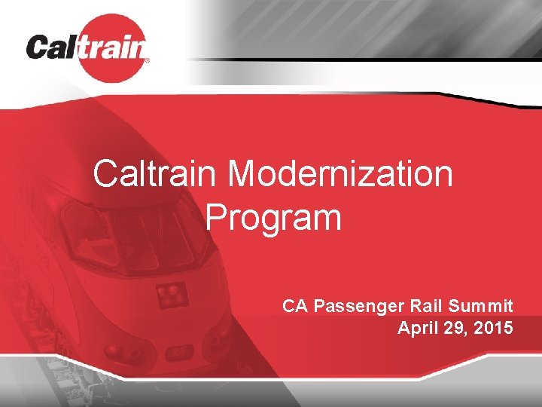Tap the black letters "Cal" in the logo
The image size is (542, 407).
tap(52, 49)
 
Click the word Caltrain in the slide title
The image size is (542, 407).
tap(156, 175)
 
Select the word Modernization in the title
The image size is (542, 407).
tap(340, 175)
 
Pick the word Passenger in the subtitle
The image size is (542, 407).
tap(359, 306)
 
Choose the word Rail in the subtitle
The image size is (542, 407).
tap(428, 306)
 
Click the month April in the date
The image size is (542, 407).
tap(419, 328)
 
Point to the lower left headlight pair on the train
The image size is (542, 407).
tap(114, 350)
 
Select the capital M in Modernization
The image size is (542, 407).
tap(243, 175)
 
